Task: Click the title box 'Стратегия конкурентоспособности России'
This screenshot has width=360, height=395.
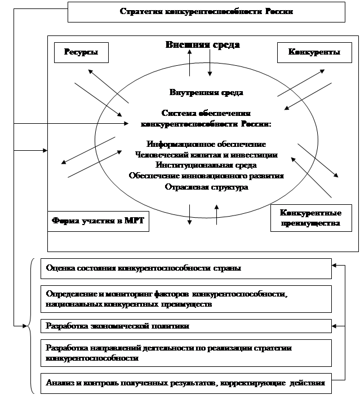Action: point(206,11)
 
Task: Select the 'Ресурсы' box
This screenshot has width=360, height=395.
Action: point(80,53)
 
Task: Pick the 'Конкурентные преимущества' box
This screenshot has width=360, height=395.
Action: point(313,218)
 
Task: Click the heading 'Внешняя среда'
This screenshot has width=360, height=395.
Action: point(203,45)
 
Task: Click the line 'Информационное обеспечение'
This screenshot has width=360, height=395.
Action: point(206,144)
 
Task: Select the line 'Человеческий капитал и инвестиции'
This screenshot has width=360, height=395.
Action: point(206,155)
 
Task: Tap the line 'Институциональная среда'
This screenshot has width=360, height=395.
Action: point(206,165)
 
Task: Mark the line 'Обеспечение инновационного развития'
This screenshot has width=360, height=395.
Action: point(206,176)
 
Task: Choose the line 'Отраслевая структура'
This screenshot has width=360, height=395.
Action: point(206,187)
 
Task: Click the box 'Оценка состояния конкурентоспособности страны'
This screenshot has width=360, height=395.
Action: point(186,268)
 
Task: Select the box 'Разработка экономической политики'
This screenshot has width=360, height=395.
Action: point(186,326)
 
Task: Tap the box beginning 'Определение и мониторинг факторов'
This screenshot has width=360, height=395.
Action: point(186,299)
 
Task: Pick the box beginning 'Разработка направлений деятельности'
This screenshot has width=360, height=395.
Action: point(186,353)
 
